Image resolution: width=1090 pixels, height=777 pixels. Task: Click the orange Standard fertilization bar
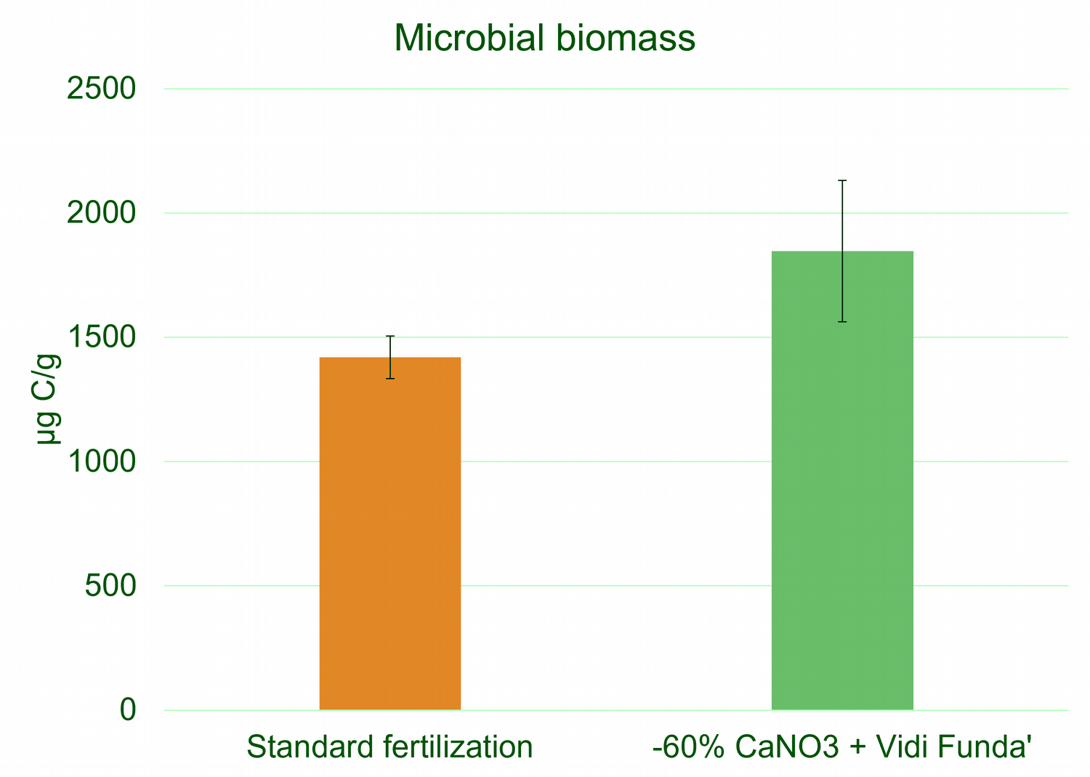[x=389, y=534]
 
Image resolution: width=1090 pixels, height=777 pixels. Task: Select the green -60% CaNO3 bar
[x=842, y=480]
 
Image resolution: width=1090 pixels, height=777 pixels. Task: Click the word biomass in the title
[x=626, y=38]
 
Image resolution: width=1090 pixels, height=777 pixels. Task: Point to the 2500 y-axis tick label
[x=101, y=89]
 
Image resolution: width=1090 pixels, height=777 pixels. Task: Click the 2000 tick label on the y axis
[x=101, y=213]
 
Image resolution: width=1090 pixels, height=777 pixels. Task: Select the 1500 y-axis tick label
[x=101, y=337]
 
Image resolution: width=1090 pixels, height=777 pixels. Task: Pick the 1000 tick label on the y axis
[x=101, y=461]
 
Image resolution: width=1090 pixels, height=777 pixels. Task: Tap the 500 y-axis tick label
[x=110, y=585]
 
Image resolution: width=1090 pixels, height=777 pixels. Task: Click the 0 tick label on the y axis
[x=128, y=710]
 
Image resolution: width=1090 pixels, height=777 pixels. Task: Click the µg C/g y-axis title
[x=48, y=399]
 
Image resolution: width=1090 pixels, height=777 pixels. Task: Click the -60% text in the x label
[x=688, y=746]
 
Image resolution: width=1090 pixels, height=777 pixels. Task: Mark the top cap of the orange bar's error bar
[x=389, y=336]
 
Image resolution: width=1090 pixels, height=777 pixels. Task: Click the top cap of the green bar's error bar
[x=842, y=180]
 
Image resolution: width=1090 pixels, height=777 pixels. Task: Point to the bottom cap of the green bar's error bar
[x=842, y=322]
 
